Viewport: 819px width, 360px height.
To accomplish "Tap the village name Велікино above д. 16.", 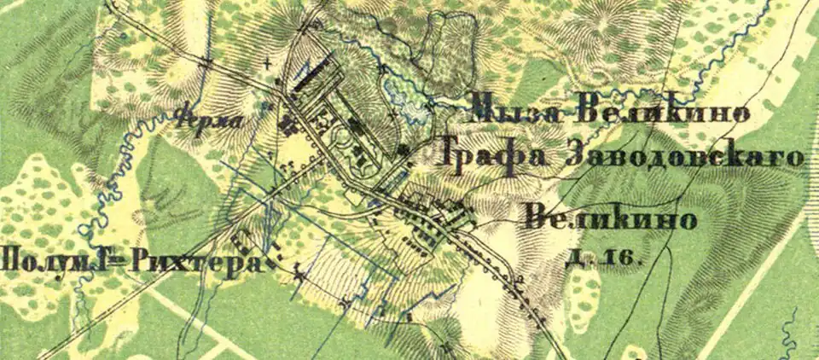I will [611, 218].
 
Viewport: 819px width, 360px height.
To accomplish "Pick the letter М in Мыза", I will [484, 111].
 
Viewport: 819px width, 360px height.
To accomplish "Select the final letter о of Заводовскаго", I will [796, 158].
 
